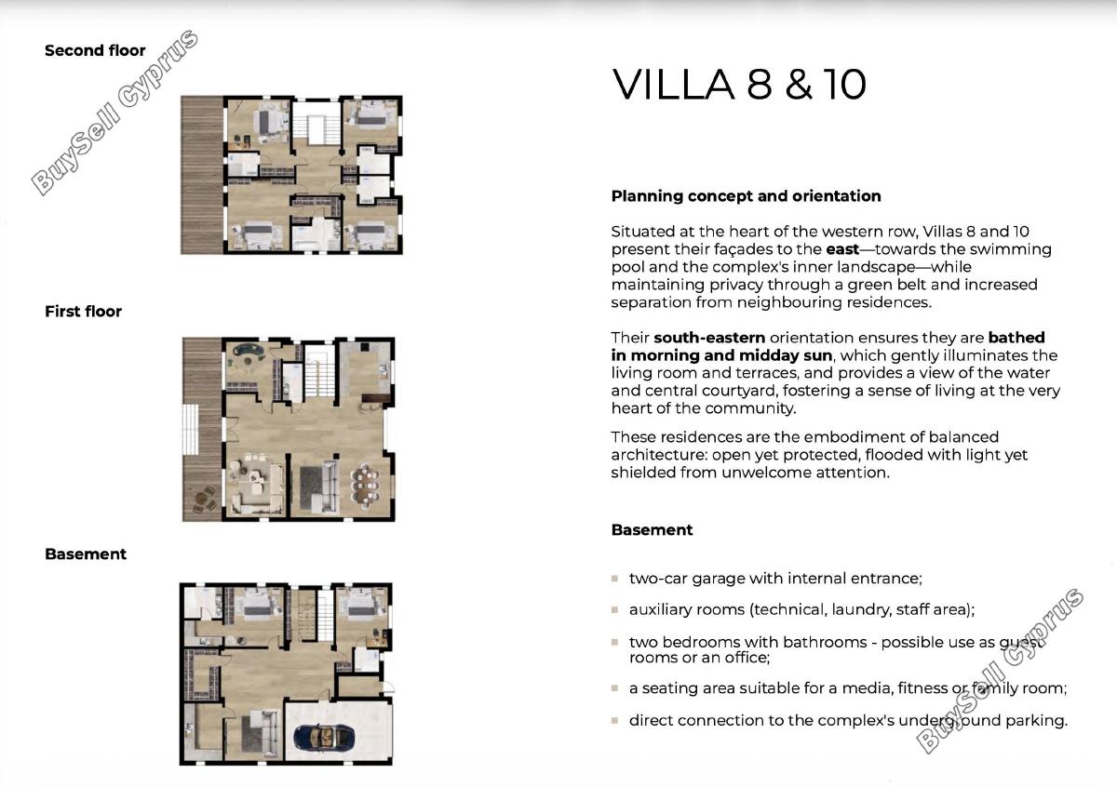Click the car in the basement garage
coord(325,737)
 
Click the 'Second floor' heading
coord(95,50)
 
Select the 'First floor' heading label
coord(83,312)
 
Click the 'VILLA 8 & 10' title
coord(739,85)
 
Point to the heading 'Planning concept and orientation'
coord(746,196)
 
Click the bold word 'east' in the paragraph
coord(842,249)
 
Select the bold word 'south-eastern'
coord(709,338)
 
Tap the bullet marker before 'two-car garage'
coord(615,579)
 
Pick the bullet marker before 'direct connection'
coord(615,721)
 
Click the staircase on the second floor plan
coord(316,129)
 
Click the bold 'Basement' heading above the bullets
coord(652,530)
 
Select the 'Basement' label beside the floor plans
coord(86,554)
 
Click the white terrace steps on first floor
coord(191,429)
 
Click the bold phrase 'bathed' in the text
coord(1016,338)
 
